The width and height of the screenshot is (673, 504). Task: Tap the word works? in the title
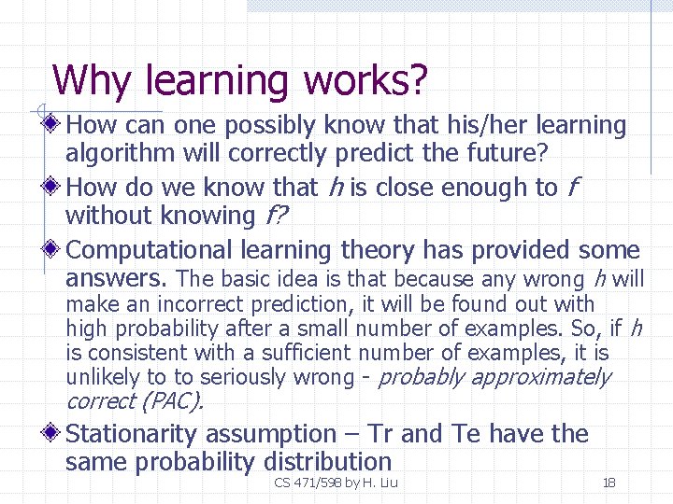click(365, 81)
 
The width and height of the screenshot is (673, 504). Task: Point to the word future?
click(519, 153)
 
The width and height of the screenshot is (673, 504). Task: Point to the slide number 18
click(609, 483)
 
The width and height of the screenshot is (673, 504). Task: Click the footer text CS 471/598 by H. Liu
click(336, 483)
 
